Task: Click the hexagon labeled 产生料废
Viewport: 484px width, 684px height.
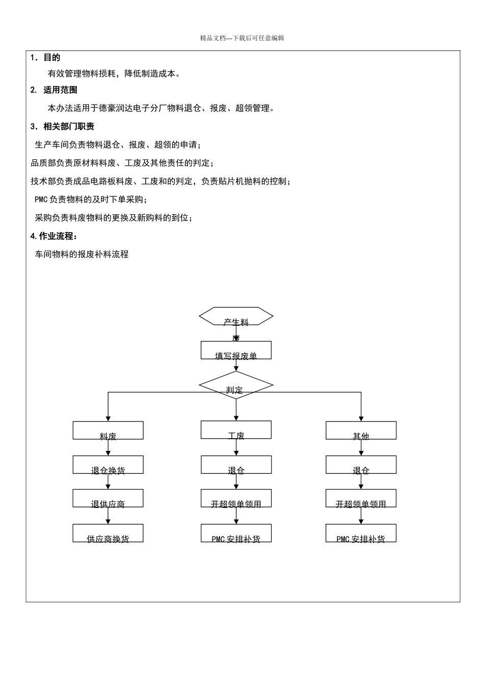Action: tap(236, 316)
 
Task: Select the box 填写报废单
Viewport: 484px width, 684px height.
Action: tap(236, 350)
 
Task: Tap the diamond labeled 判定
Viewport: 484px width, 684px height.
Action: tap(236, 385)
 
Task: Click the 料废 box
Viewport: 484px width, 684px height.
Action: tap(108, 431)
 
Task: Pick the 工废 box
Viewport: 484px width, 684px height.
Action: tap(236, 430)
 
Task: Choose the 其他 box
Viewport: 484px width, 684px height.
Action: tap(361, 431)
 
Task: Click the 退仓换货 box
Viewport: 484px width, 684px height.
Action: tap(108, 465)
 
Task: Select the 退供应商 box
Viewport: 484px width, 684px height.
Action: tap(108, 498)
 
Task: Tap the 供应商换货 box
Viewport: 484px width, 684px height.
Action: tap(108, 533)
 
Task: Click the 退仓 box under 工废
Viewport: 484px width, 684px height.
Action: tap(236, 465)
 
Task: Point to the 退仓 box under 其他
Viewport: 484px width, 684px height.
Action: tap(361, 465)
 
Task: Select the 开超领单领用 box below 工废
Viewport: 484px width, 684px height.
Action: tap(236, 498)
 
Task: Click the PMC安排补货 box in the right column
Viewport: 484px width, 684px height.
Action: tap(361, 533)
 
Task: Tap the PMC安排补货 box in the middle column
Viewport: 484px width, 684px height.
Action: tap(236, 533)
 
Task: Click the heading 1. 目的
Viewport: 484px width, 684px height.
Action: tap(46, 58)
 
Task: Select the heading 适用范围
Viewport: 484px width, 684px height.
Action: tap(60, 90)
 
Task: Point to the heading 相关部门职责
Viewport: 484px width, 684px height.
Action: tap(68, 126)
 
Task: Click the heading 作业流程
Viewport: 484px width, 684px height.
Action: tap(57, 236)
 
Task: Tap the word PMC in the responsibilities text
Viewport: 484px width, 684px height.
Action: tap(41, 199)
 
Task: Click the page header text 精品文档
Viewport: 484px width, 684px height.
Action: tap(212, 38)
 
